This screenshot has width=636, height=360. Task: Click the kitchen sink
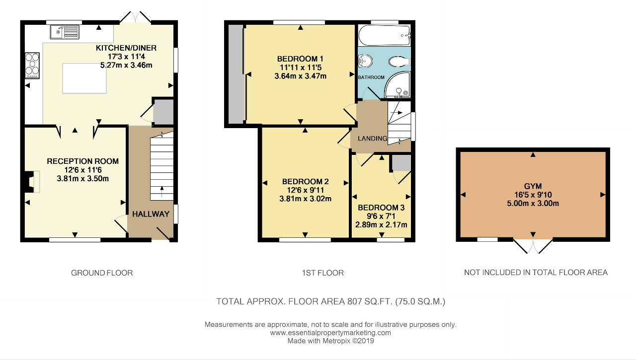[65, 32]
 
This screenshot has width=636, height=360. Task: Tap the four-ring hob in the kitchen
[32, 66]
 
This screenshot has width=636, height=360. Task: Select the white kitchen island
[84, 78]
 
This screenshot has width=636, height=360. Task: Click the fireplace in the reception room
[32, 182]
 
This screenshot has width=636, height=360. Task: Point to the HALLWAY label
[151, 214]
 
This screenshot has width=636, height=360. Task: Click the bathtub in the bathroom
[385, 35]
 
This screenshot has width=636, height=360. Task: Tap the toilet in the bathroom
[399, 61]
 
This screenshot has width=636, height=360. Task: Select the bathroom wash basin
[365, 61]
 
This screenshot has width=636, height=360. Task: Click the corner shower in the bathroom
[397, 84]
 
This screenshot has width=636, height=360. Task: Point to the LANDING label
[372, 139]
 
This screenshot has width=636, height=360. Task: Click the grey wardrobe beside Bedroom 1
[237, 74]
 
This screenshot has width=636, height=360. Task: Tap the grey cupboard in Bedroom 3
[401, 163]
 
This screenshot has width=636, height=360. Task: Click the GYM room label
[533, 186]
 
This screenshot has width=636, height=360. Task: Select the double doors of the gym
[533, 246]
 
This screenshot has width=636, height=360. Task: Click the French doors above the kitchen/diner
[135, 17]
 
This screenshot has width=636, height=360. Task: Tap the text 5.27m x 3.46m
[126, 65]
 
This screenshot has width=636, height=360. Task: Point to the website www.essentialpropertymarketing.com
[330, 333]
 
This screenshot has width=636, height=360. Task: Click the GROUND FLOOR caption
[102, 273]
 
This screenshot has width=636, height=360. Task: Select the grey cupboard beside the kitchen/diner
[163, 112]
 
